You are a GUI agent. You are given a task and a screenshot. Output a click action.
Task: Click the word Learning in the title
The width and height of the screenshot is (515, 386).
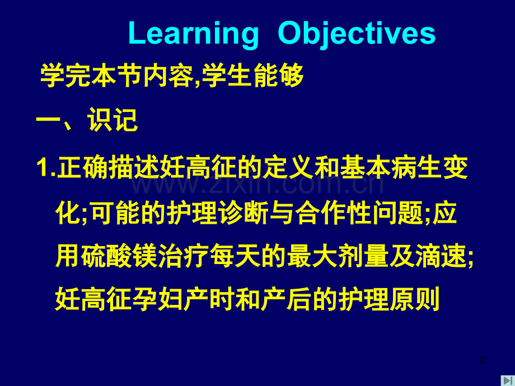[x=194, y=34]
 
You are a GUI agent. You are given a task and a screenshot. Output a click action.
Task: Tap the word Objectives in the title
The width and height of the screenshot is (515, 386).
[x=357, y=34]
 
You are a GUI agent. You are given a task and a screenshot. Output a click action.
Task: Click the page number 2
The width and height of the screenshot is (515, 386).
[x=481, y=360]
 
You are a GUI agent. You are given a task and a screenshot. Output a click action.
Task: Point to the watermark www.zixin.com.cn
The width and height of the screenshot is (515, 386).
[x=257, y=184]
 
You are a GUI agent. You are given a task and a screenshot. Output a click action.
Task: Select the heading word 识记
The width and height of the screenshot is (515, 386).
[x=113, y=120]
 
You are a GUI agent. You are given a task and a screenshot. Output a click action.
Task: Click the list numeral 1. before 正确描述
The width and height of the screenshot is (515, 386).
[x=46, y=167]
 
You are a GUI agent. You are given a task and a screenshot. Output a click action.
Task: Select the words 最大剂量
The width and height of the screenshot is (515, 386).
[x=338, y=256]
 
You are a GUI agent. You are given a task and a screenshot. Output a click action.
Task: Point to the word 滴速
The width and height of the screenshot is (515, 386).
[x=441, y=256]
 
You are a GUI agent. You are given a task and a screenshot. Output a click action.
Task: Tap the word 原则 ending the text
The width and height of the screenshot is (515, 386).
[x=414, y=299]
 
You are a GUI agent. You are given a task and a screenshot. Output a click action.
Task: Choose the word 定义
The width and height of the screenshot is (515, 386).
[x=288, y=167]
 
